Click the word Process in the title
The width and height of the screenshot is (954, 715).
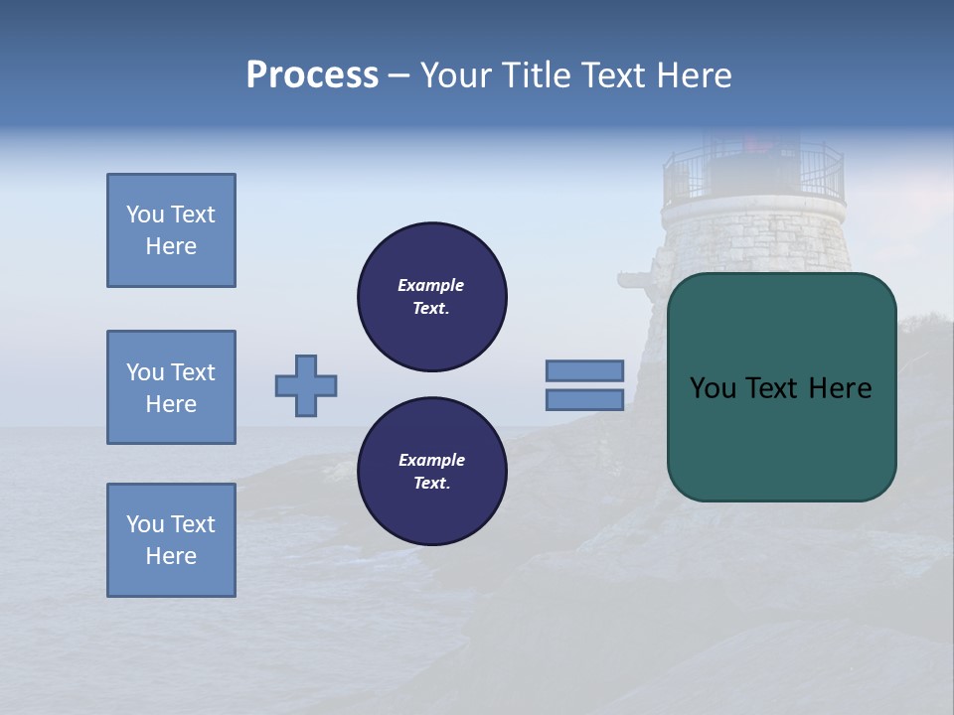pos(312,75)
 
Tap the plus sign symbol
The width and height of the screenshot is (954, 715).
pos(306,385)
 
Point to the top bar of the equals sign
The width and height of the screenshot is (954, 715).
pos(584,370)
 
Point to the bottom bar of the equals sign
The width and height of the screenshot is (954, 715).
pos(584,399)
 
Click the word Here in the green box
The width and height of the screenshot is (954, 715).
pos(840,388)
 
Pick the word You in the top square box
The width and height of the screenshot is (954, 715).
pos(145,214)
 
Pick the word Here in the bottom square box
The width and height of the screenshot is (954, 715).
pos(171,556)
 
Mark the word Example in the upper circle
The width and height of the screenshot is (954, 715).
pos(430,285)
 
